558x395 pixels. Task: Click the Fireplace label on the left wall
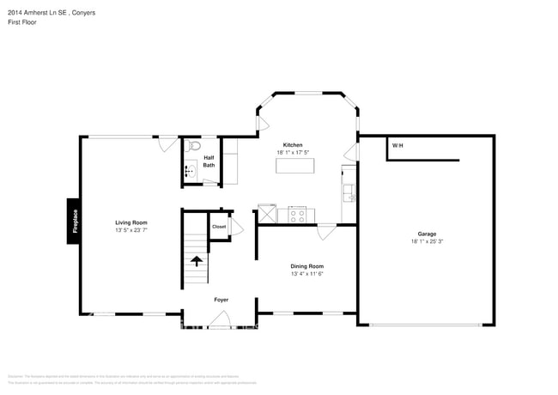point(75,222)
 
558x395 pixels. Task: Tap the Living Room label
point(131,222)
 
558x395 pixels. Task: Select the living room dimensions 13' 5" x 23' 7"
point(131,230)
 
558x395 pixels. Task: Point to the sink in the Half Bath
point(189,172)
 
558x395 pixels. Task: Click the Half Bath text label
point(209,161)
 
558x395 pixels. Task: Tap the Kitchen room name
point(294,145)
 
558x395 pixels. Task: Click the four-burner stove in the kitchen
point(297,215)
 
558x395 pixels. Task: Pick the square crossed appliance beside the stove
point(267,214)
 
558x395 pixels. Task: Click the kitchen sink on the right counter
point(348,191)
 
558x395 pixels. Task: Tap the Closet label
point(219,227)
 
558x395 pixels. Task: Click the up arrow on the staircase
point(197,261)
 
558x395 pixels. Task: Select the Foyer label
point(221,300)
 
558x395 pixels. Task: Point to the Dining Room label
point(306,266)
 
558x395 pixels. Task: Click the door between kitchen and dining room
point(325,232)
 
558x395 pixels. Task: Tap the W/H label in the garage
point(397,146)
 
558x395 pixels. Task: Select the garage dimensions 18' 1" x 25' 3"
point(427,241)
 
